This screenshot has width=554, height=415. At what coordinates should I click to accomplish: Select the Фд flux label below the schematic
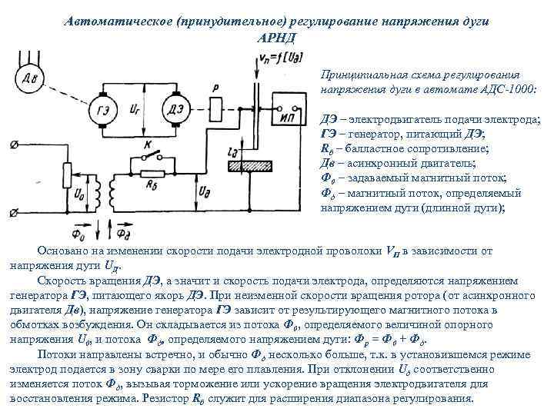coord(115,230)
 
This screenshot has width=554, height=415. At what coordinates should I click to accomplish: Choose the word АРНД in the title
coord(276,36)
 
